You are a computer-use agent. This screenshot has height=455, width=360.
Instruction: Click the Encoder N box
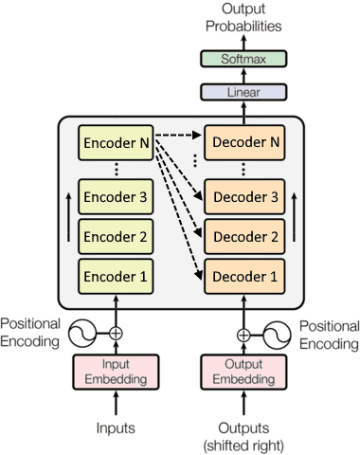point(117,144)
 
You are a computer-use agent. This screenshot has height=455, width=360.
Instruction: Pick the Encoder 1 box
point(117,276)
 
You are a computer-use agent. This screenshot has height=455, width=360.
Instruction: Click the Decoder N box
point(243,144)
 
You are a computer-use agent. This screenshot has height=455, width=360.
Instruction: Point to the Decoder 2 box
point(243,237)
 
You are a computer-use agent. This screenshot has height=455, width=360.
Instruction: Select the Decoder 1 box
point(243,277)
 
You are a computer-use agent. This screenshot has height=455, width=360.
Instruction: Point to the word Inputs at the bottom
point(117,428)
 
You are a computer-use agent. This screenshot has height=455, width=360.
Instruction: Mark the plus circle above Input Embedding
point(117,334)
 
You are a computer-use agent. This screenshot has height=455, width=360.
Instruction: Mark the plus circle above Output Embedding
point(243,334)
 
